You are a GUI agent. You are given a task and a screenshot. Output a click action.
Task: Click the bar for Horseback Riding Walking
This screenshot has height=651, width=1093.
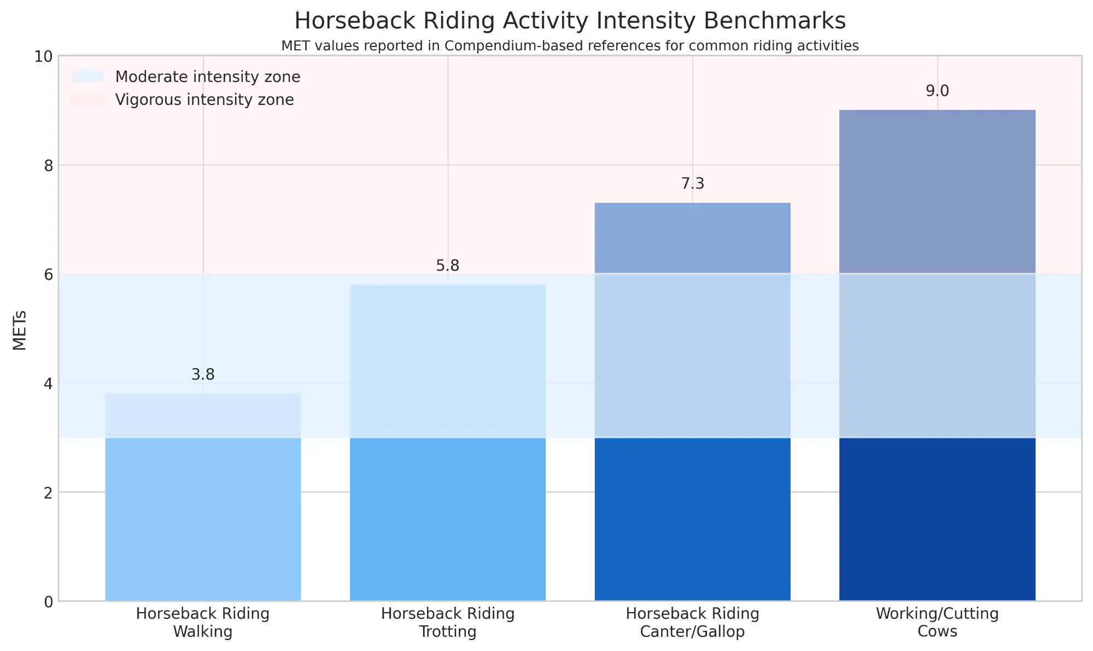tap(203, 497)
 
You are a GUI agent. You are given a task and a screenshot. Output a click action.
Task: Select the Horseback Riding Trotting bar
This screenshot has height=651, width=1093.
tap(447, 443)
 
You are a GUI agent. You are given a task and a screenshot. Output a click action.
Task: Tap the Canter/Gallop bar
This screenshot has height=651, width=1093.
tap(692, 402)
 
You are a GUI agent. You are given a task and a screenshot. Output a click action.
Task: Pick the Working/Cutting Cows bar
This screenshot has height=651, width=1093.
tap(937, 355)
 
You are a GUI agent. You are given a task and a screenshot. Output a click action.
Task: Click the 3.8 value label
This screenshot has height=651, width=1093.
tap(203, 375)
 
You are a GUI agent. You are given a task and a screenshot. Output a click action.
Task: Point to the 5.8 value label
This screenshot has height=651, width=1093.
tap(447, 266)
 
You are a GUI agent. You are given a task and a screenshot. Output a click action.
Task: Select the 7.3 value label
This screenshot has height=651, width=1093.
tap(692, 184)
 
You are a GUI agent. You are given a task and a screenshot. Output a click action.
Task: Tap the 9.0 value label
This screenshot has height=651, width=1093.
tap(937, 91)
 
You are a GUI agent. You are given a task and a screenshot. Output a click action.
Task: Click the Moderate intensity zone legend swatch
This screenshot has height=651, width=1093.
tap(87, 77)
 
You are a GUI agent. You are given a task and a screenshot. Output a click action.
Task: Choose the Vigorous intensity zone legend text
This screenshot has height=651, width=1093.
tap(204, 100)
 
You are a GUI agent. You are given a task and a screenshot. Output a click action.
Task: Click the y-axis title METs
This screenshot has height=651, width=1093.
tap(20, 330)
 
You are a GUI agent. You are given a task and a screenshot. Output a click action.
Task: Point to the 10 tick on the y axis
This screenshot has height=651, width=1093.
tap(44, 56)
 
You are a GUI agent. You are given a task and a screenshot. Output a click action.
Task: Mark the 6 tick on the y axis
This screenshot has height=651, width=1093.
tap(48, 274)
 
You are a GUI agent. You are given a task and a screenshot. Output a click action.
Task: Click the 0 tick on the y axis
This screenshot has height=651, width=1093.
tap(48, 601)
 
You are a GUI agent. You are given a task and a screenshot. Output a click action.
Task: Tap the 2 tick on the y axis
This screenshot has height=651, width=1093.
tap(48, 492)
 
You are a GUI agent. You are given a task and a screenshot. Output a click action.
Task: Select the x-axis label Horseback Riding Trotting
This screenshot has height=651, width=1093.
tap(447, 623)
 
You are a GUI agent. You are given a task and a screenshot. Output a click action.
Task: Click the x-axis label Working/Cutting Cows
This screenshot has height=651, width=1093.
tap(937, 623)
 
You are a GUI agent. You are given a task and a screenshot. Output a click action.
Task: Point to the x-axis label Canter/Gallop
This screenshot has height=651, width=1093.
tap(692, 632)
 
